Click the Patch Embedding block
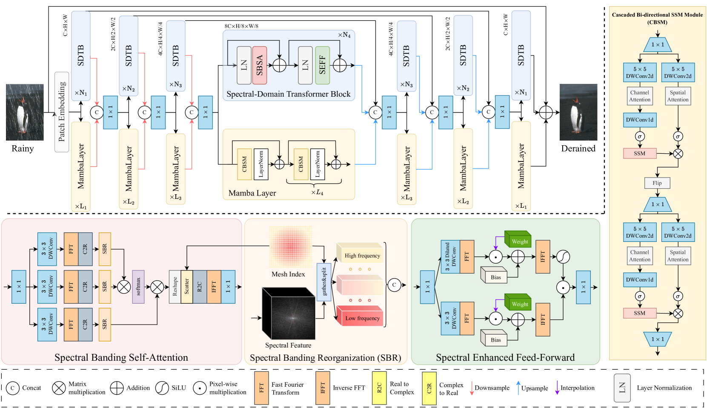click(62, 112)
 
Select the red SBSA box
click(260, 65)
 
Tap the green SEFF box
click(322, 65)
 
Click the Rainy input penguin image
click(25, 112)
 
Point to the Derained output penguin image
click(578, 112)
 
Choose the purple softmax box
click(138, 287)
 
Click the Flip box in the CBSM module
click(657, 183)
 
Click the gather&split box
click(323, 282)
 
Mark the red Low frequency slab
click(361, 316)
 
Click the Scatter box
click(186, 287)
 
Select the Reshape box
click(175, 287)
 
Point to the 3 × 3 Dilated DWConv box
click(450, 257)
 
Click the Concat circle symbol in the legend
click(13, 388)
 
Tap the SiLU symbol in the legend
click(162, 388)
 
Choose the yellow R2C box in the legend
click(379, 388)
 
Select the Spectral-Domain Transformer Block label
click(289, 94)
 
